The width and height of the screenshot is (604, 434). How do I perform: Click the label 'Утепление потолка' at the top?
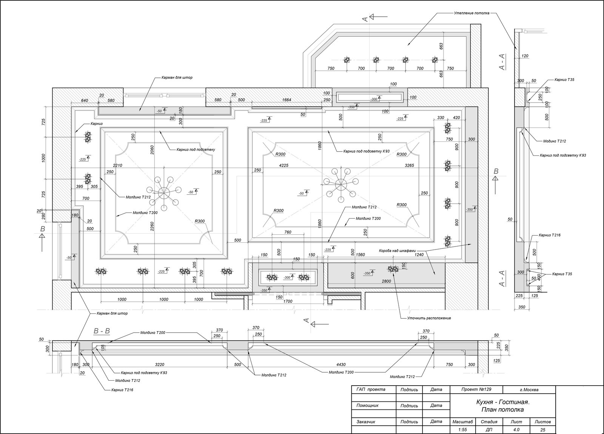[471, 13]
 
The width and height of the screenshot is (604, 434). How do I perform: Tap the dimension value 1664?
[287, 100]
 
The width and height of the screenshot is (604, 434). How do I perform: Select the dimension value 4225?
[284, 165]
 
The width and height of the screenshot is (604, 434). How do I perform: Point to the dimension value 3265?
[409, 165]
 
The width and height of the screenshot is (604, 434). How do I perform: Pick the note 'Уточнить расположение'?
[429, 318]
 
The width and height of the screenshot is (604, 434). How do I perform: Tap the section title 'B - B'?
[102, 331]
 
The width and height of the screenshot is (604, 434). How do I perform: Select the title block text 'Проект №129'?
[476, 389]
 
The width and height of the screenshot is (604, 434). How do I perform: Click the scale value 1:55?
[462, 429]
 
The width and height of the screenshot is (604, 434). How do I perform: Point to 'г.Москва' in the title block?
[529, 389]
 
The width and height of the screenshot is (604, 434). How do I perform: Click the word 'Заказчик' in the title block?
[366, 422]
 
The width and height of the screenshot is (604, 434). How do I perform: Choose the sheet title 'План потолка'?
[502, 409]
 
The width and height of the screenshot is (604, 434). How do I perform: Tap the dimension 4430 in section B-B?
[341, 364]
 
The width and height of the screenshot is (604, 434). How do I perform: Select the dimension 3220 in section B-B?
[160, 364]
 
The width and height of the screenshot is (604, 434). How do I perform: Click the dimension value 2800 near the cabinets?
[387, 281]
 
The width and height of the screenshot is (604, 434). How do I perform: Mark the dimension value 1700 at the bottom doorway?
[288, 301]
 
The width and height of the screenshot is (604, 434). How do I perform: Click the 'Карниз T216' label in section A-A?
[550, 235]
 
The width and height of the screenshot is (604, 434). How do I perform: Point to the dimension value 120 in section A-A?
[525, 56]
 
